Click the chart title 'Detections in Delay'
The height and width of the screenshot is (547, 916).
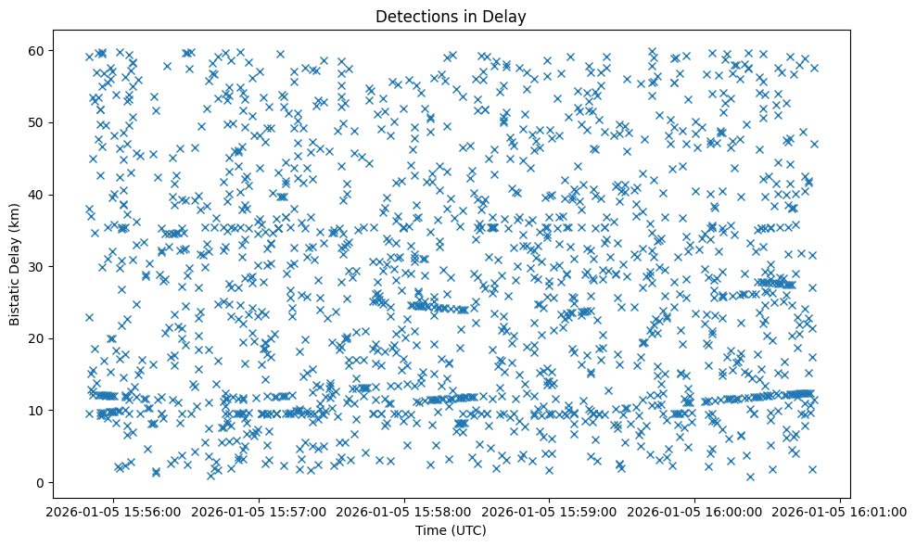451,16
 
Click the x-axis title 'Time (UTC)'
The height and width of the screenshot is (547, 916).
451,531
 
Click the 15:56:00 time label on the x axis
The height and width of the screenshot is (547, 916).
113,511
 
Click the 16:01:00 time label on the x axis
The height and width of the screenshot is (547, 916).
841,511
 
